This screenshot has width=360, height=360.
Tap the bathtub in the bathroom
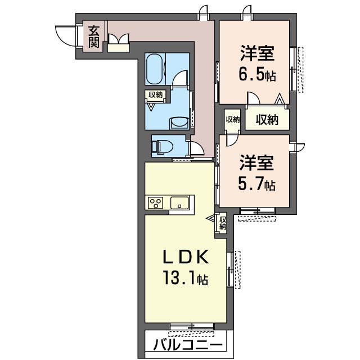pyautogui.click(x=155, y=69)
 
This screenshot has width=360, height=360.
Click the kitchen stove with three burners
pyautogui.click(x=156, y=202)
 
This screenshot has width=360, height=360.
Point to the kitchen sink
pyautogui.click(x=179, y=202)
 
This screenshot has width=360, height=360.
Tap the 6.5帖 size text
pyautogui.click(x=257, y=75)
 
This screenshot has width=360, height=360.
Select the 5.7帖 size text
pyautogui.click(x=256, y=184)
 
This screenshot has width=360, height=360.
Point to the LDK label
pyautogui.click(x=186, y=256)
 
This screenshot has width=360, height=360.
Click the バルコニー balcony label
pyautogui.click(x=188, y=344)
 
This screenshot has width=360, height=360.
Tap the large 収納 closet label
pyautogui.click(x=267, y=119)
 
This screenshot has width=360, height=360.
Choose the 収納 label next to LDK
pyautogui.click(x=223, y=223)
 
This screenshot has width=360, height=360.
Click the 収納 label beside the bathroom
pyautogui.click(x=155, y=94)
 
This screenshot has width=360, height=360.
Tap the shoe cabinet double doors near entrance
pyautogui.click(x=118, y=39)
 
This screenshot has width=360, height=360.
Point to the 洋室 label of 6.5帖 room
pyautogui.click(x=257, y=53)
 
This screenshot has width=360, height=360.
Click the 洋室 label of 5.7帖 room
pyautogui.click(x=256, y=163)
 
